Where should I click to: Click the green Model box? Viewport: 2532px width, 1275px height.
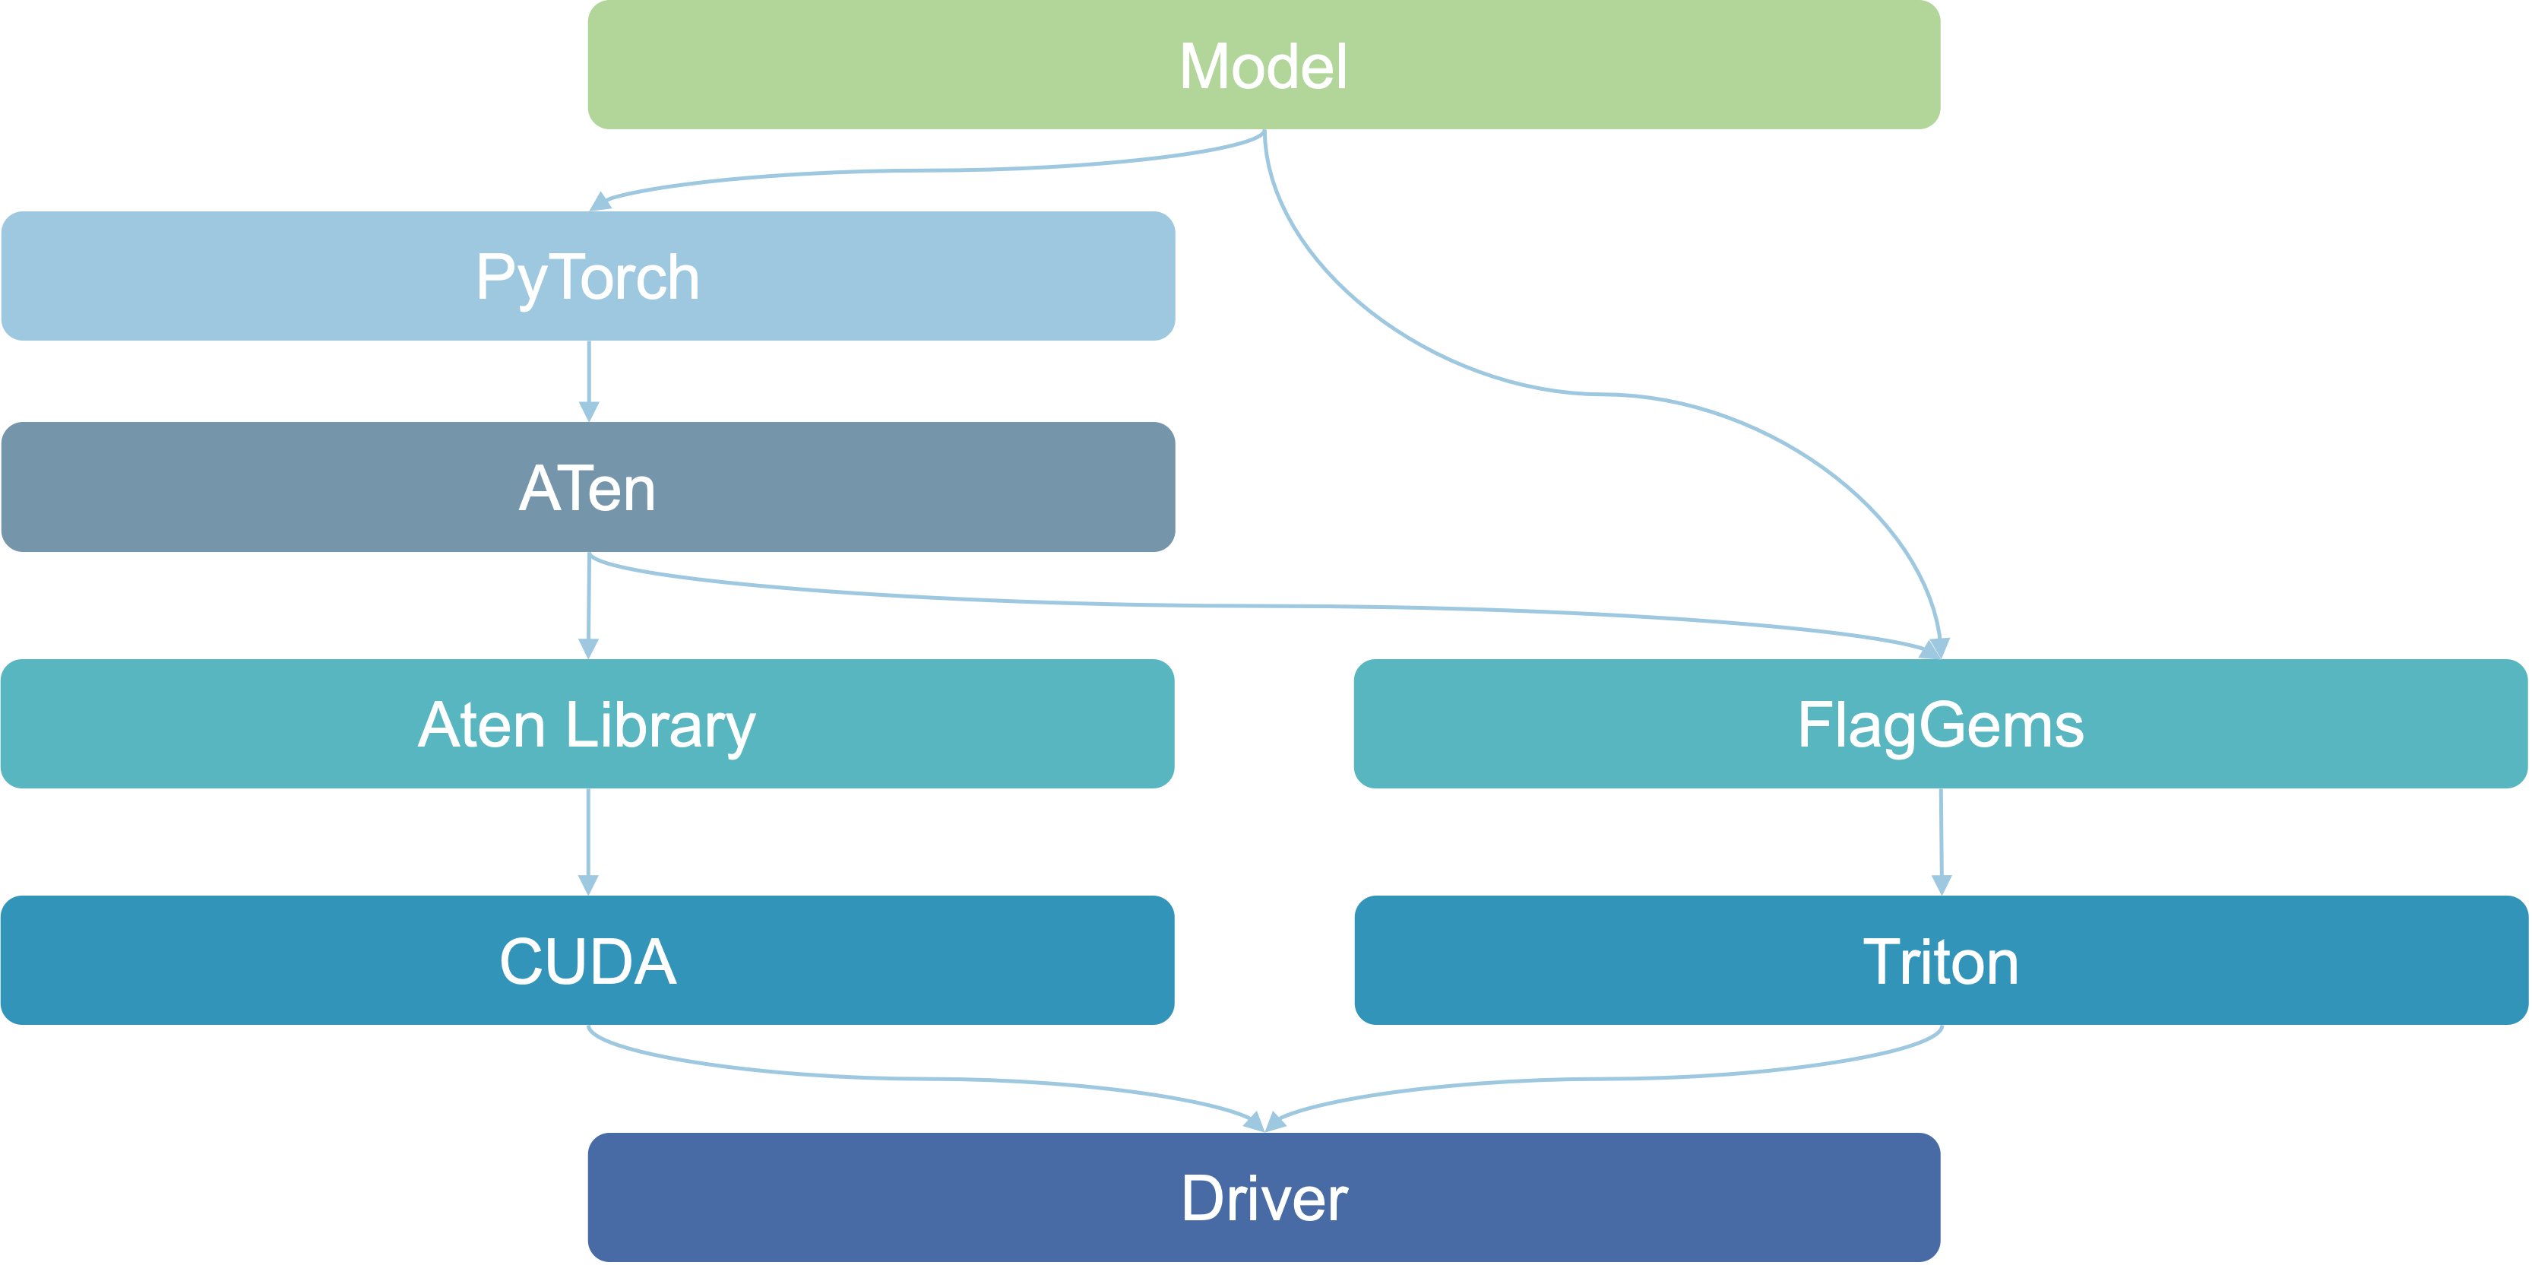coord(1263,65)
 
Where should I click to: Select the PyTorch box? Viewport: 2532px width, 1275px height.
coord(588,276)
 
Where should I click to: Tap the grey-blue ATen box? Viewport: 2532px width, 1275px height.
coord(588,487)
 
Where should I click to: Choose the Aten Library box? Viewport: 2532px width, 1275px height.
coord(588,725)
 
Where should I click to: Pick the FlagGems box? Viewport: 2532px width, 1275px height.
coord(1940,725)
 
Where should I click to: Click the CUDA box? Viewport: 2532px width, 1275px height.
coord(588,960)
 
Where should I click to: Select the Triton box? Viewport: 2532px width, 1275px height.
coord(1940,960)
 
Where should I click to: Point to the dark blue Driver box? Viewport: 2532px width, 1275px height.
coord(1263,1197)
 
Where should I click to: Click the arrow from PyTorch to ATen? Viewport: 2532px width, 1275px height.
coord(589,379)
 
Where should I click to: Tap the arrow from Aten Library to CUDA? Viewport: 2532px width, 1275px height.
coord(589,841)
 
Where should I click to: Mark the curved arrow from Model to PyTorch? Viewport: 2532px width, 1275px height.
coord(924,170)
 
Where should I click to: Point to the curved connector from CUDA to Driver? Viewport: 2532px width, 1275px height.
coord(924,1078)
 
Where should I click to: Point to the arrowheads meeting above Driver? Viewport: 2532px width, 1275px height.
coord(1265,1121)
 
